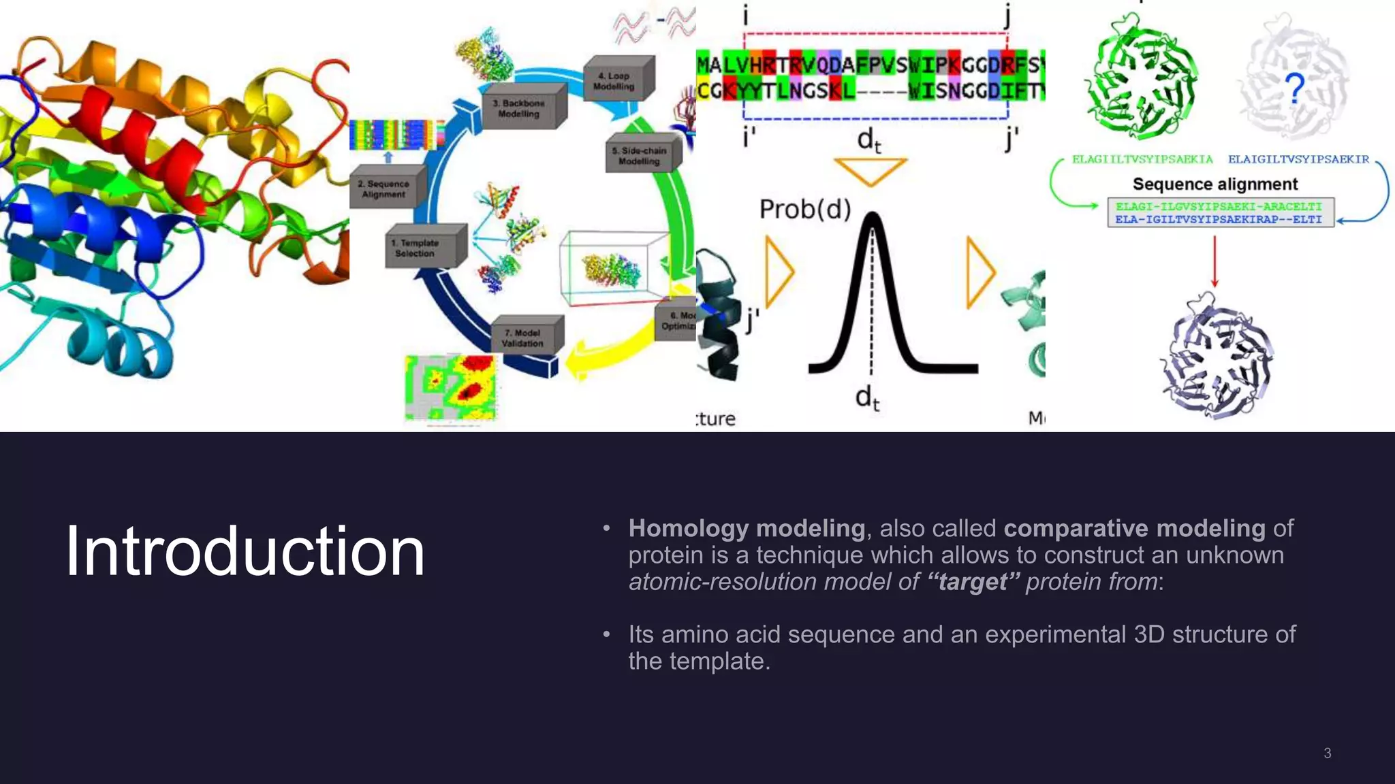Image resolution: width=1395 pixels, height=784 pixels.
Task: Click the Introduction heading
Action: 245,551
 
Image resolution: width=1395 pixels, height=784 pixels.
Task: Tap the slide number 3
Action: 1327,753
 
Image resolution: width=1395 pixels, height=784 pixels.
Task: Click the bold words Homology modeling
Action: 746,528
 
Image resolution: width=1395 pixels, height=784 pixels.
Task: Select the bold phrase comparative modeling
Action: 1134,528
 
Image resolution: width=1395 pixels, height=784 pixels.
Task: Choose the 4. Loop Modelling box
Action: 615,80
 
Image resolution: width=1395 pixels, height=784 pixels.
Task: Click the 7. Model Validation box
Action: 524,338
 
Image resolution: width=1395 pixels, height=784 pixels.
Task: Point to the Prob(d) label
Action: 805,209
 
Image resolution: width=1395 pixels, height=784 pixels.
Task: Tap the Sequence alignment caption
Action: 1215,184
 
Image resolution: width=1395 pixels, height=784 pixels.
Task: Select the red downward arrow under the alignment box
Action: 1214,262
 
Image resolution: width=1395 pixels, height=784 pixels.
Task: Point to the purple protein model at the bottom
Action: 1216,357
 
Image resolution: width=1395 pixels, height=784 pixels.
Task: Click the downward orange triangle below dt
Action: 871,170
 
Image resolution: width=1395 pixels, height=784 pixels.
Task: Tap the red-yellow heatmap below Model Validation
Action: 451,388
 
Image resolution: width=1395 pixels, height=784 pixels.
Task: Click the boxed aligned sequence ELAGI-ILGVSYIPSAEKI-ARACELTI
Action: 1219,206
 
